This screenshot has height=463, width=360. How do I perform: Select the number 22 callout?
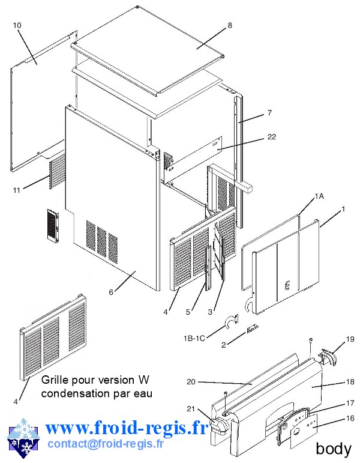(272, 137)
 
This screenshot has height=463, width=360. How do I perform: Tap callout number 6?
(111, 292)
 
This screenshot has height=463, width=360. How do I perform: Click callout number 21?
(191, 409)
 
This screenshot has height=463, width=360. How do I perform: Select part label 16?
(350, 418)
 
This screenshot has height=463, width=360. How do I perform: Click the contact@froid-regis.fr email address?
(105, 444)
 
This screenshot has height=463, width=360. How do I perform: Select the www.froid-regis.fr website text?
(126, 428)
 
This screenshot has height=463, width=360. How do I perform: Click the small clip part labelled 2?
(251, 329)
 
